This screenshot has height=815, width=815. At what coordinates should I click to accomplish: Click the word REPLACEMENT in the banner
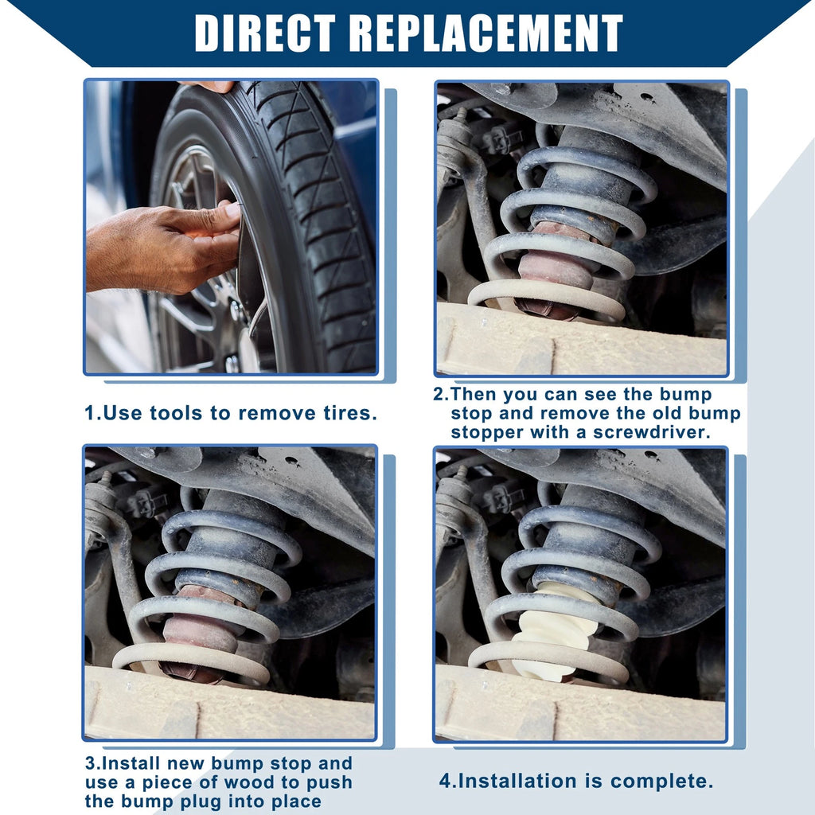(486, 33)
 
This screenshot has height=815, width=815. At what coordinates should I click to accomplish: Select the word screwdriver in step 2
(652, 432)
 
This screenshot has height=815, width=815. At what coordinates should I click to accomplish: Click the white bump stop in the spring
(554, 631)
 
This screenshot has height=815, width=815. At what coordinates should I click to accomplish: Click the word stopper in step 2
(486, 433)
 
